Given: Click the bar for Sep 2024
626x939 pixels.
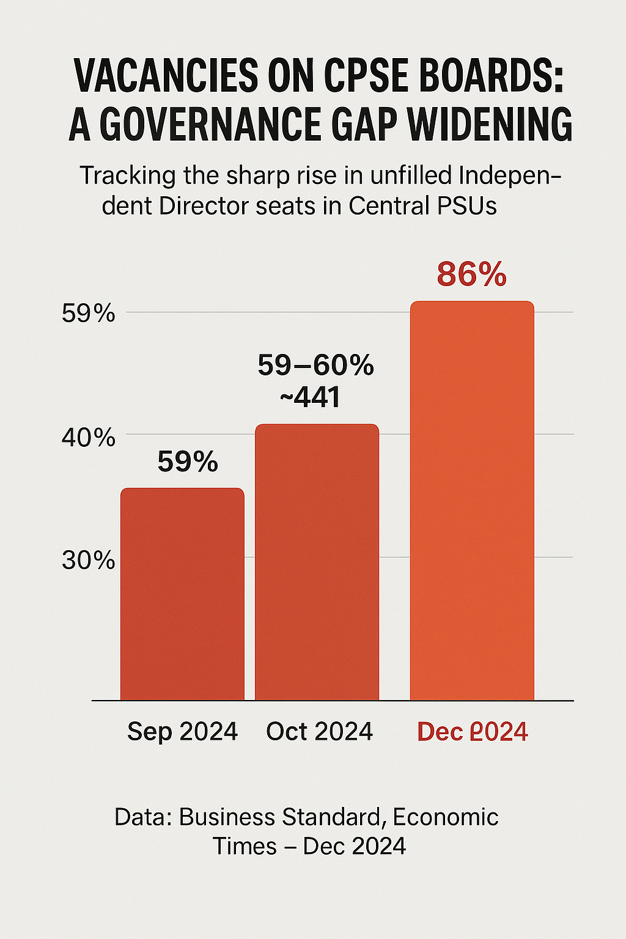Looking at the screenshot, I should tap(182, 594).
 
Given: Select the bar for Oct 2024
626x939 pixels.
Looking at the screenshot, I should tap(317, 562).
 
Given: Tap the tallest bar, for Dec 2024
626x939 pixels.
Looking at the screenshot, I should tap(472, 501).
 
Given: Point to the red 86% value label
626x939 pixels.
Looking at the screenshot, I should tap(472, 274).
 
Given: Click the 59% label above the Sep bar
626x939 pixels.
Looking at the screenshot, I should tap(188, 462).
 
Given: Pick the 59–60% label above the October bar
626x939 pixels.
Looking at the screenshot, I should tap(315, 366).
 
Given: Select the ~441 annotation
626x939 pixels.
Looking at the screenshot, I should tap(310, 398).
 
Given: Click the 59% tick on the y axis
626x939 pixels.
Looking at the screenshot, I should tap(89, 313).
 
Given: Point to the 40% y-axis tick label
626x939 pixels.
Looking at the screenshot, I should tap(89, 438).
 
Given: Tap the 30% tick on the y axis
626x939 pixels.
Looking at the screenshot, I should tap(89, 560).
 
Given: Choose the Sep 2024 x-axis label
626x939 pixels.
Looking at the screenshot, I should tap(182, 731).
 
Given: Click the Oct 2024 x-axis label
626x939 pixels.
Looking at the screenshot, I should tap(319, 731).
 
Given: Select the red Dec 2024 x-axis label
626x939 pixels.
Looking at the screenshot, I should tap(473, 732).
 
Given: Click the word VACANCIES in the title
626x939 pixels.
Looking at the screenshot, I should tap(165, 76).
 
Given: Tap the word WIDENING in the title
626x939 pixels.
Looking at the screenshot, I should tap(490, 125).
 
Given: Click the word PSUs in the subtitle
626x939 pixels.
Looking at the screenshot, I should tap(468, 206).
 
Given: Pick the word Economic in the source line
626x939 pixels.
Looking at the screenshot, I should tap(446, 817).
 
